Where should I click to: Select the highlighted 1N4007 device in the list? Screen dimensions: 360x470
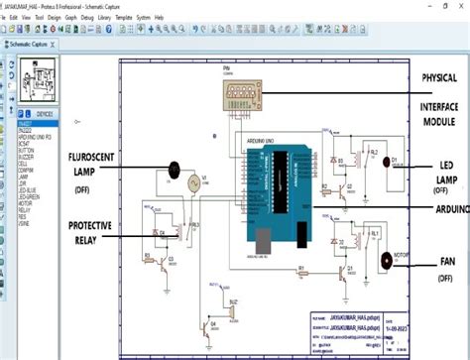pos(27,124)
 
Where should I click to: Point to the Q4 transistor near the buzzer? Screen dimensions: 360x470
pos(209,327)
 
